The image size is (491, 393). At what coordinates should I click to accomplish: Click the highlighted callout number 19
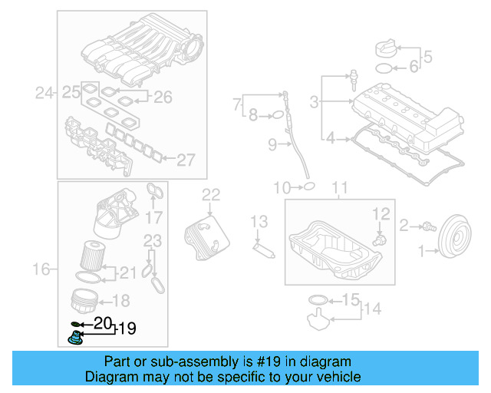[127, 329]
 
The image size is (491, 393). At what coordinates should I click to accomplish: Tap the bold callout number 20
[102, 323]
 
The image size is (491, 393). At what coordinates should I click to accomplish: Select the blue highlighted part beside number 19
[76, 336]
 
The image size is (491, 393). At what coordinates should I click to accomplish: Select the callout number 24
[44, 94]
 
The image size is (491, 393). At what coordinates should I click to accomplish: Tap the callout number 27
[186, 160]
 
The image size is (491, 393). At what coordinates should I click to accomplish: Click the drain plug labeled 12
[378, 238]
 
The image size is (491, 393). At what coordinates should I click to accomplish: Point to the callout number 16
[41, 269]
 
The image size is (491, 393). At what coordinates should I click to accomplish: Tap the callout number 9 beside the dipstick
[272, 144]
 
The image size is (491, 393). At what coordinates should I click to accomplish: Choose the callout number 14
[371, 309]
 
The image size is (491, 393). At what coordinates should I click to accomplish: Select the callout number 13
[260, 222]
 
